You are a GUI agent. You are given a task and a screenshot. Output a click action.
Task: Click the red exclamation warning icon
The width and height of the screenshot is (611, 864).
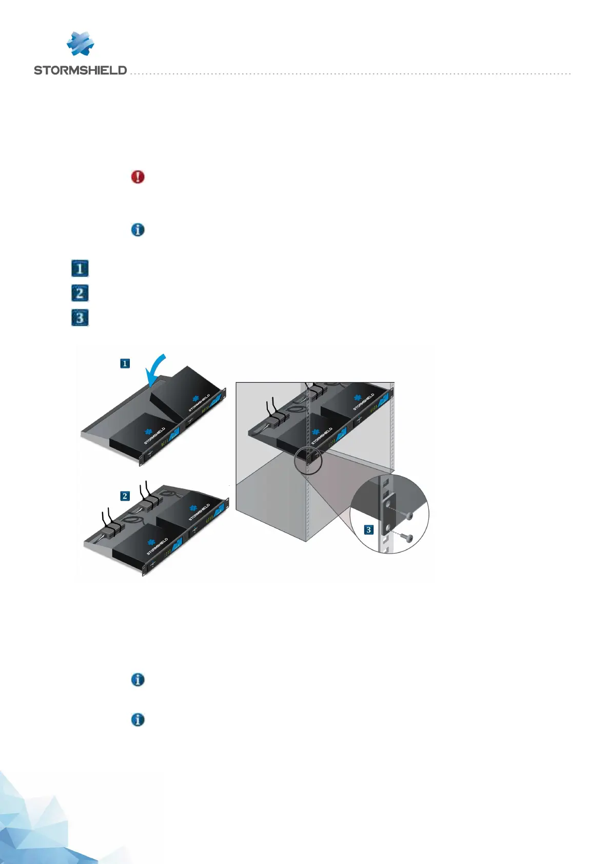pos(137,177)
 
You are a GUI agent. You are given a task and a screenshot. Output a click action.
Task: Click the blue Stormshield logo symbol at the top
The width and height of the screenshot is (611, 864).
pos(81,44)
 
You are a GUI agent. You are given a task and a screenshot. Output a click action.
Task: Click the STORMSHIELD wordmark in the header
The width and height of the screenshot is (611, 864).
pos(80,70)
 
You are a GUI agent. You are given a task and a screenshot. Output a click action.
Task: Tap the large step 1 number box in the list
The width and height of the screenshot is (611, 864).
pos(80,268)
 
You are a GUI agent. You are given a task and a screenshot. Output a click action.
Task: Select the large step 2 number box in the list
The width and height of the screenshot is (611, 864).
pos(80,293)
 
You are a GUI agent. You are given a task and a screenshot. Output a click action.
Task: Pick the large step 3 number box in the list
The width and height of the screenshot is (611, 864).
pos(80,318)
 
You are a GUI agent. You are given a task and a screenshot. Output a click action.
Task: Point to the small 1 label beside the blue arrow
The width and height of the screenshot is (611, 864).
pos(125,364)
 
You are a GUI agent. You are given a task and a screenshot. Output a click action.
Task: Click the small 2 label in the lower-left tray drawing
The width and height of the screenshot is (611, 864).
pos(125,496)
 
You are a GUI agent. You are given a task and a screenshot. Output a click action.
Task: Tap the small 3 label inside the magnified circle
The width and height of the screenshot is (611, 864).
pos(369,529)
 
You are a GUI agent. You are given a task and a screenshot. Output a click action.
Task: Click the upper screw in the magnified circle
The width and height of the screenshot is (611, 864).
pos(409,516)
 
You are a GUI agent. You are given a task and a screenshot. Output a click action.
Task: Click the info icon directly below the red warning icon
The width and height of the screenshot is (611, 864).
pos(137,230)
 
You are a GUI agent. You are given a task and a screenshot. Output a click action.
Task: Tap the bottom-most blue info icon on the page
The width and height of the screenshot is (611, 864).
pos(137,720)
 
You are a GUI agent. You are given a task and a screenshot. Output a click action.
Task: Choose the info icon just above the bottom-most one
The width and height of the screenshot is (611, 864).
pos(137,680)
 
